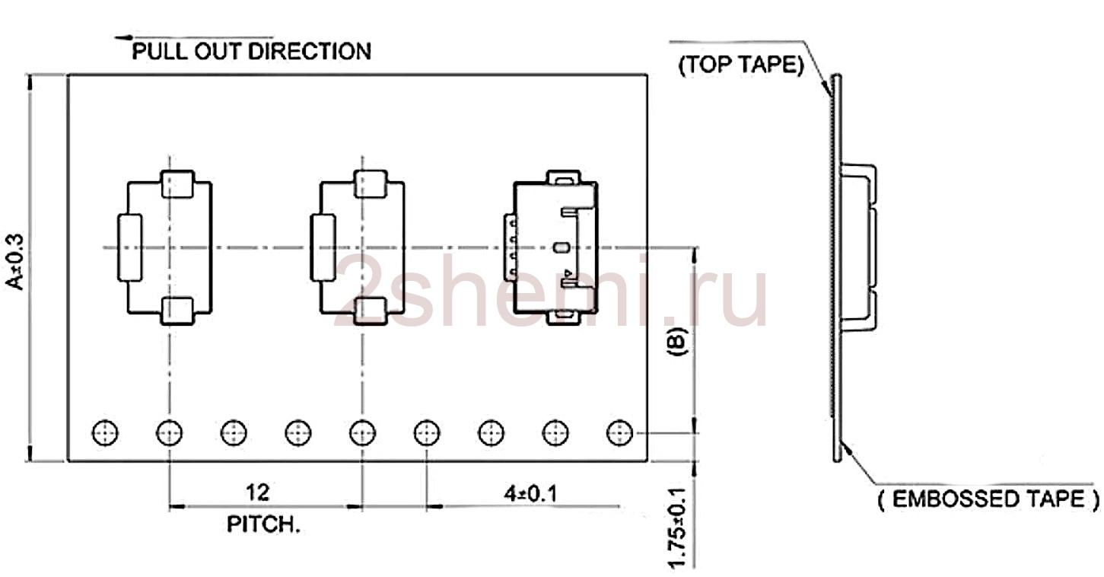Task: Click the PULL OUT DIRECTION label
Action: (x=251, y=51)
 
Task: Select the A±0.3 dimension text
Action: (x=15, y=262)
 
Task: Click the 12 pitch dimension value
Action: (x=257, y=493)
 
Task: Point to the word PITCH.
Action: (x=263, y=524)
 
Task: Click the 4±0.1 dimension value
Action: (x=530, y=494)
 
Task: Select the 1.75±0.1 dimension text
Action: (x=678, y=528)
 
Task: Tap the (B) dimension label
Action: (x=677, y=341)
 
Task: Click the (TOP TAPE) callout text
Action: (x=741, y=65)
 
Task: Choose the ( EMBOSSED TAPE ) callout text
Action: (x=988, y=499)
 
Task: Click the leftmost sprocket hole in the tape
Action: (x=105, y=433)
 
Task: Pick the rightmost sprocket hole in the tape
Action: (x=619, y=433)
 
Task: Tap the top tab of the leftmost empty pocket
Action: (x=177, y=184)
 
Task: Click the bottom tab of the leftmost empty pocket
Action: (x=177, y=311)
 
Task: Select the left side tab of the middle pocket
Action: (x=323, y=248)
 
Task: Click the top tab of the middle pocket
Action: (x=370, y=184)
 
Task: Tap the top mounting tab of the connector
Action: (x=564, y=177)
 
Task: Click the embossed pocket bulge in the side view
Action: (x=858, y=247)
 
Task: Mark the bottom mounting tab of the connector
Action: (x=564, y=317)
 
